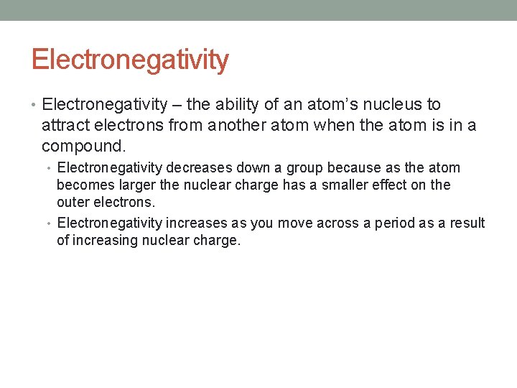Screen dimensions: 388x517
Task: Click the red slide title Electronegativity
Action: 130,60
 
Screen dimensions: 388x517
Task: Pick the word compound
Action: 83,147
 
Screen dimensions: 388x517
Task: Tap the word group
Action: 306,168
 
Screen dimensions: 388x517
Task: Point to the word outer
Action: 73,203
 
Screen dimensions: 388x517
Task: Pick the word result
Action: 468,223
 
